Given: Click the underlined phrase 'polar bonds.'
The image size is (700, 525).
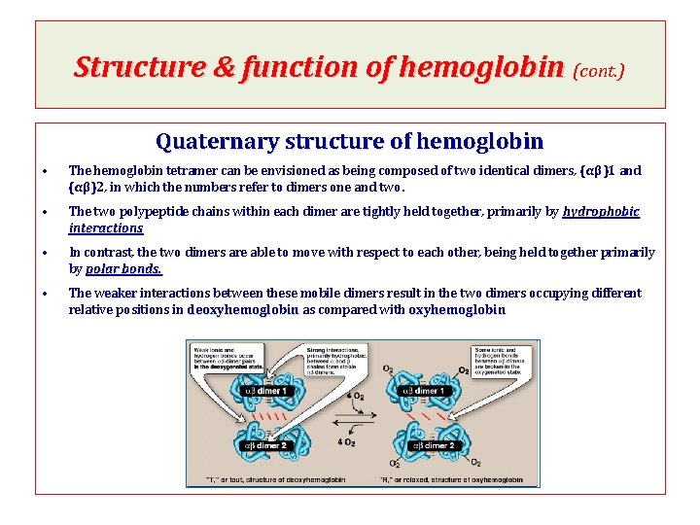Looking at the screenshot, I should pos(123,269).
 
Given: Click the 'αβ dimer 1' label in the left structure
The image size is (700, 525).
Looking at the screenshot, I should pos(260,391).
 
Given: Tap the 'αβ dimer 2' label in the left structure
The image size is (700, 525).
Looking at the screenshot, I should pos(259,446).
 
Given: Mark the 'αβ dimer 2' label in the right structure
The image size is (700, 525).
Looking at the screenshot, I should pos(432,446).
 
